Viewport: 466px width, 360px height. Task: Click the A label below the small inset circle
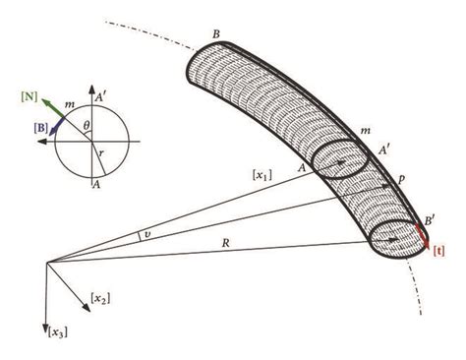pyautogui.click(x=96, y=182)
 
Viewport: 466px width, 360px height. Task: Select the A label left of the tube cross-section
pyautogui.click(x=298, y=166)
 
